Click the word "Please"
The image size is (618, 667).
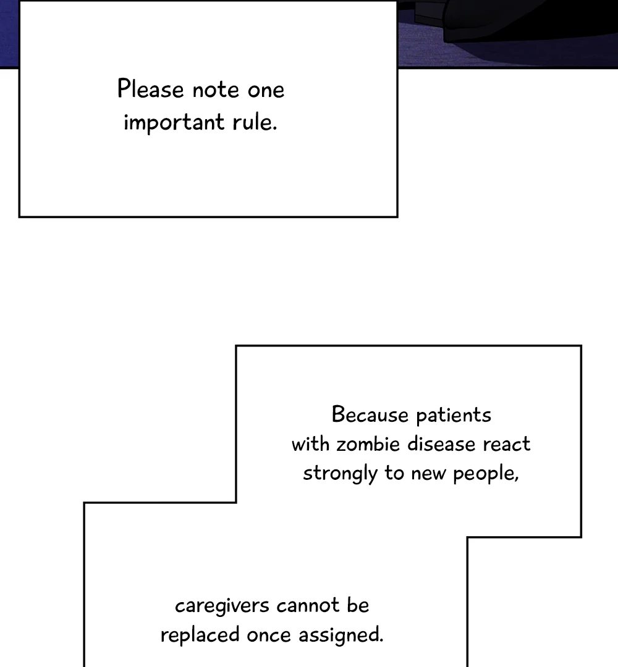pos(150,90)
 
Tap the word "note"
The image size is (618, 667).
pos(215,91)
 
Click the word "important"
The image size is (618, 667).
pos(174,122)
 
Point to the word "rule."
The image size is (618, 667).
pos(255,122)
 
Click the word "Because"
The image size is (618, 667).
pos(370,414)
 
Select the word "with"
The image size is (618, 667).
pos(310,444)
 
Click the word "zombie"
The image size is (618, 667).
pos(368,444)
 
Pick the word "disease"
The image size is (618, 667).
pos(441,444)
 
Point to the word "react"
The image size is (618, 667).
pos(507,445)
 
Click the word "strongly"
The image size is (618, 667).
pos(340,474)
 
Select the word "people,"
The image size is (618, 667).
pos(486,474)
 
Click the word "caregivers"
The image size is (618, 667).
pos(222,606)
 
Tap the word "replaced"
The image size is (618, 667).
pos(200,636)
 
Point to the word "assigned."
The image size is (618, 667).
pos(341,636)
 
